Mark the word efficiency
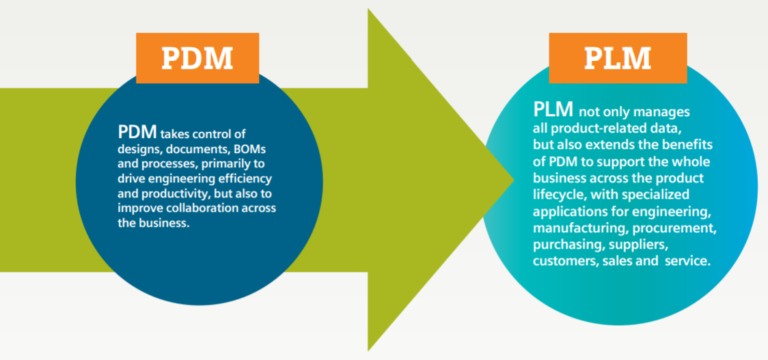coord(231,179)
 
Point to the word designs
coord(142,148)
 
